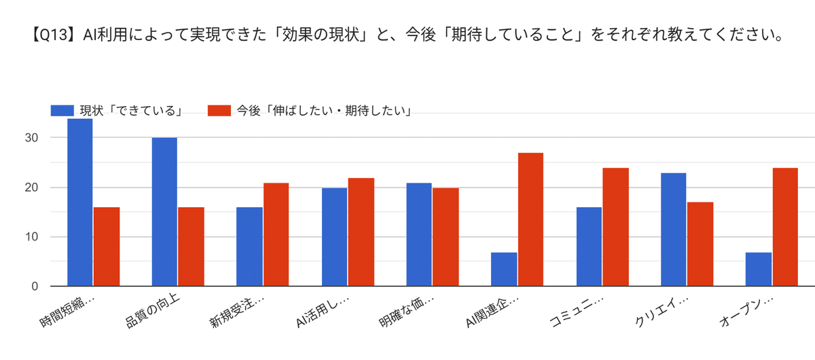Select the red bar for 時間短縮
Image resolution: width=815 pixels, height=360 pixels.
pos(107,247)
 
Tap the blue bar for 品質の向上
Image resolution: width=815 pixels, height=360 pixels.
pos(164,212)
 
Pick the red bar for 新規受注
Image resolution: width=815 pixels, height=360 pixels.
pos(276,234)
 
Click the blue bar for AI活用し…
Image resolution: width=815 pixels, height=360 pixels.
pos(334,237)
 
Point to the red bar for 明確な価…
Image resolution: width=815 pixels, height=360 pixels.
pos(446,237)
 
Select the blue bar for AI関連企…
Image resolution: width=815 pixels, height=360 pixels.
pos(504,269)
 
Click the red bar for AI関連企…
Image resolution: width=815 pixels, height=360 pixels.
pos(530,219)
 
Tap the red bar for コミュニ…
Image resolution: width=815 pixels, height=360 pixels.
pos(615,227)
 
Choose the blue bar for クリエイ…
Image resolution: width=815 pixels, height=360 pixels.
pos(673,230)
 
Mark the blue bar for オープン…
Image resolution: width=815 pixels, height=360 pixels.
pos(758,269)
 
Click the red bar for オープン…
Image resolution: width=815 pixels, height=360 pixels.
pos(784,227)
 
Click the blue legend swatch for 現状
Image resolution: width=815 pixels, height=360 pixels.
pos(62,110)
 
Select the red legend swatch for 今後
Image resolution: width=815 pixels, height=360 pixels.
pos(219,110)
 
